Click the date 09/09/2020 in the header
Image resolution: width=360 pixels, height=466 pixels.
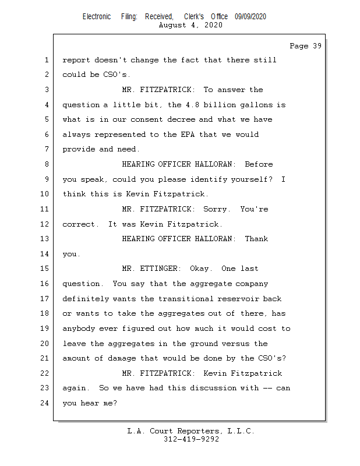(250, 17)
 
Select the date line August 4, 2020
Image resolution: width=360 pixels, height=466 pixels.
(190, 25)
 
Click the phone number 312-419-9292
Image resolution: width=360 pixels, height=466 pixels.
(191, 439)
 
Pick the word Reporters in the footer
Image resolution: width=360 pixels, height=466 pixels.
(196, 431)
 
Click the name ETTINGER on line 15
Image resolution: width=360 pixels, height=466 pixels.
(160, 269)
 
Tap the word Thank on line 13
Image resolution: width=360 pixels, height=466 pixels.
(256, 239)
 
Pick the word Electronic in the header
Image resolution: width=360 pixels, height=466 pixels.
(97, 17)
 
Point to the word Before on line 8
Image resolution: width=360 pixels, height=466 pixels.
(259, 164)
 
